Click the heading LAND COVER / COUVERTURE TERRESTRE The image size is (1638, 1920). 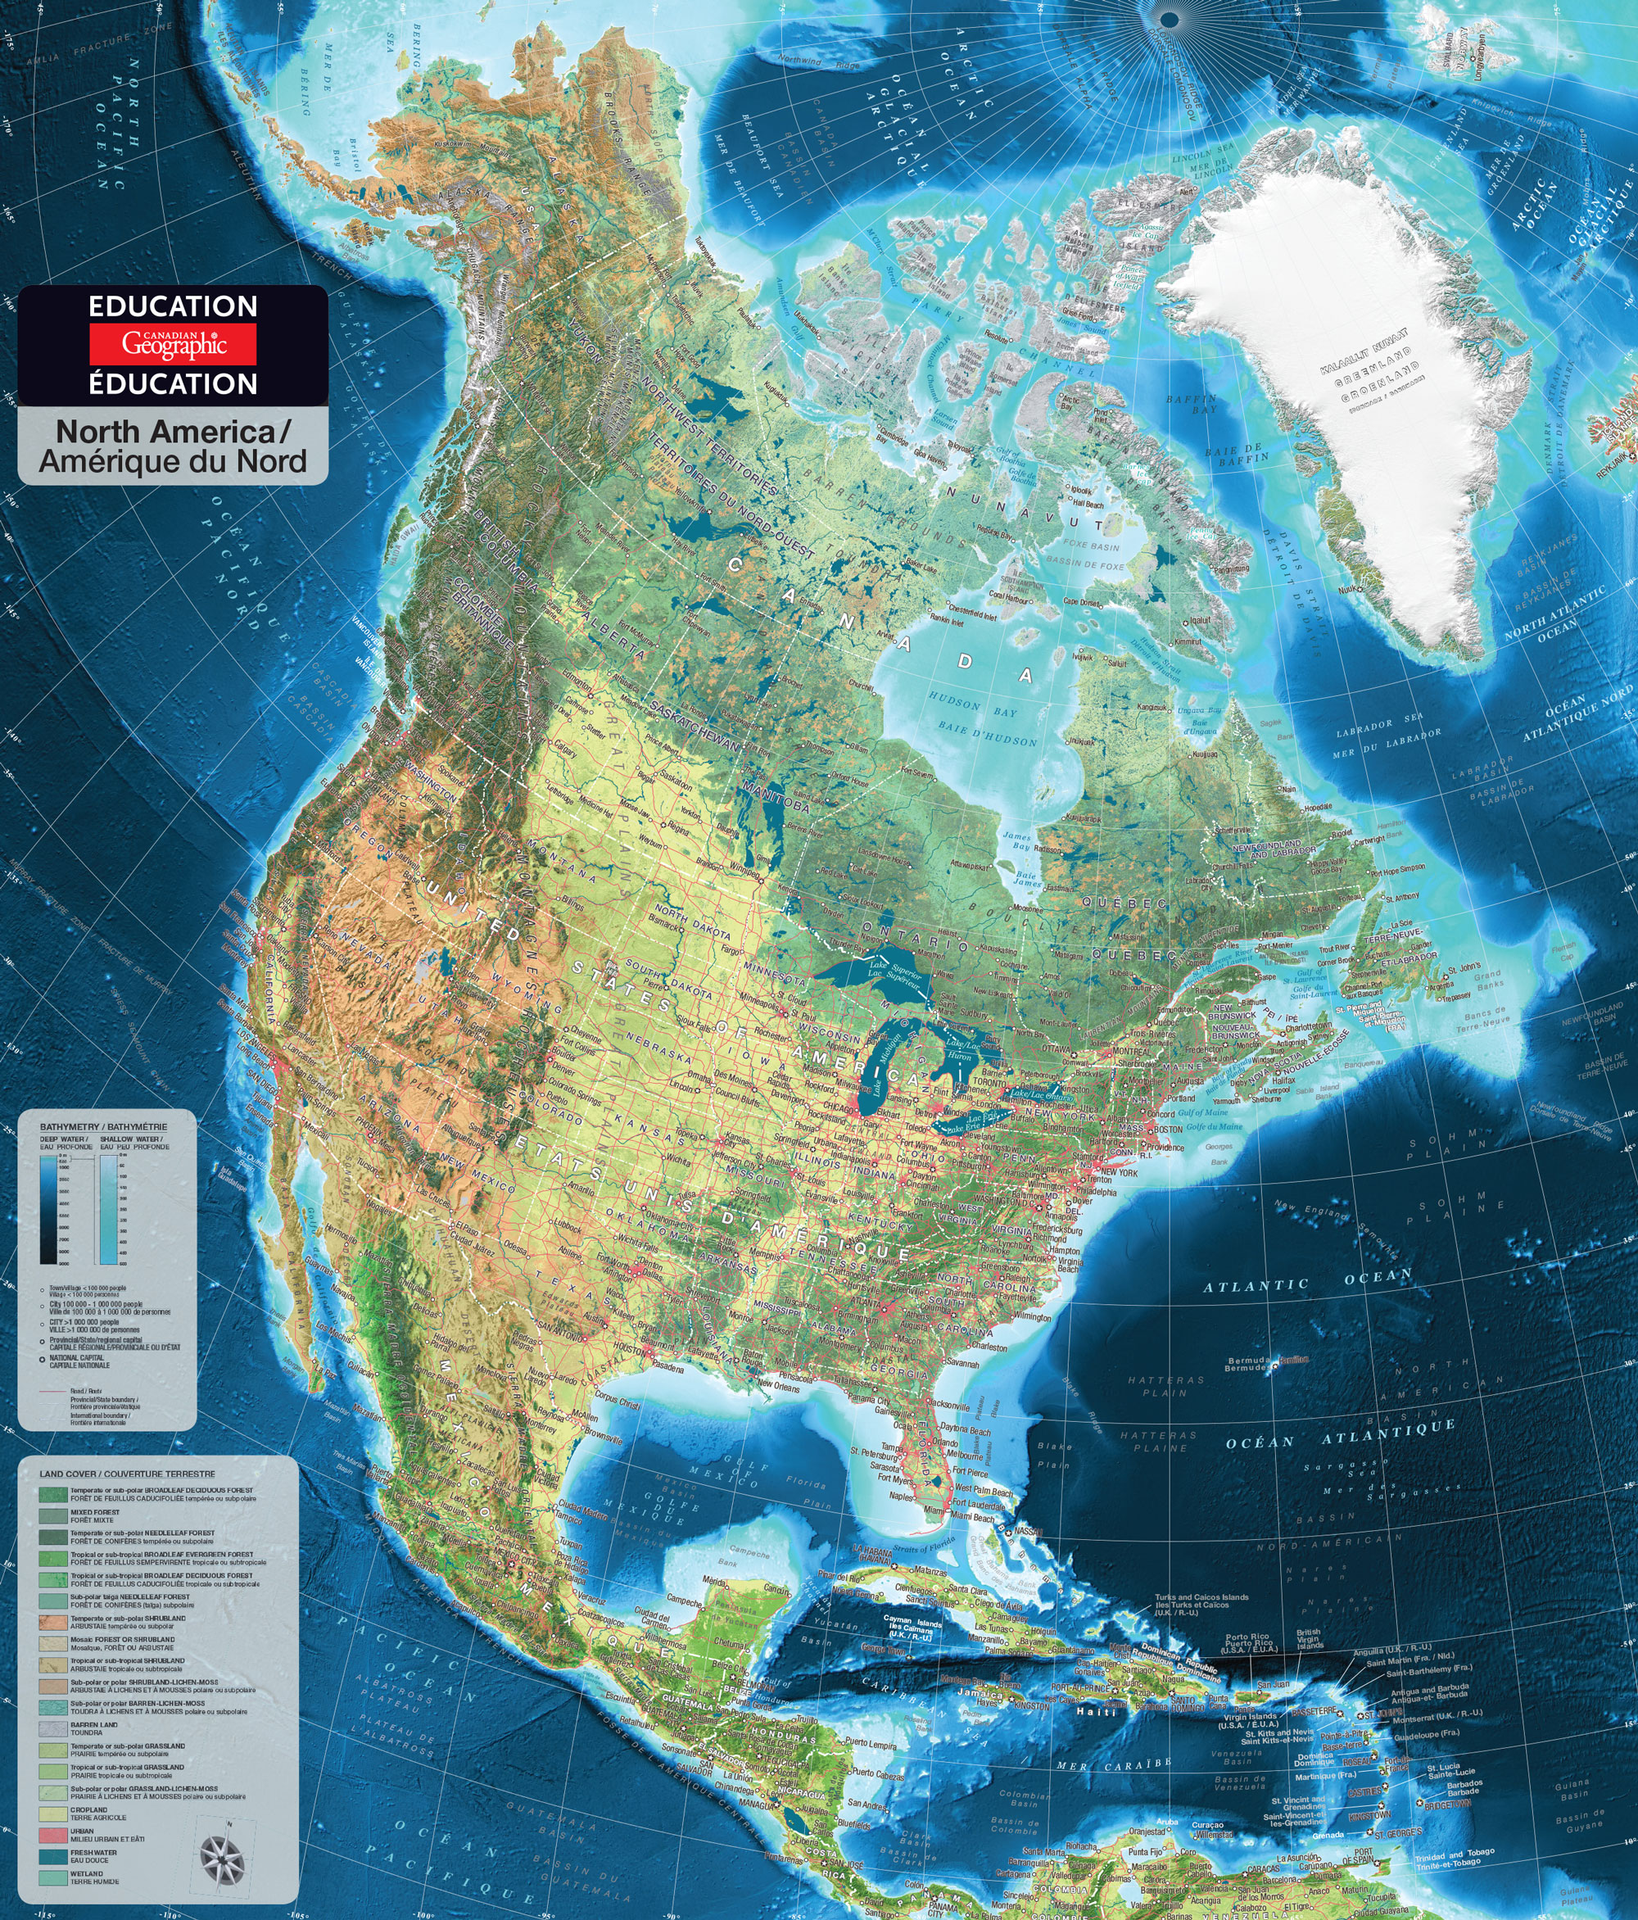[127, 1474]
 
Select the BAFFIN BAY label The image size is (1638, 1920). [1192, 404]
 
